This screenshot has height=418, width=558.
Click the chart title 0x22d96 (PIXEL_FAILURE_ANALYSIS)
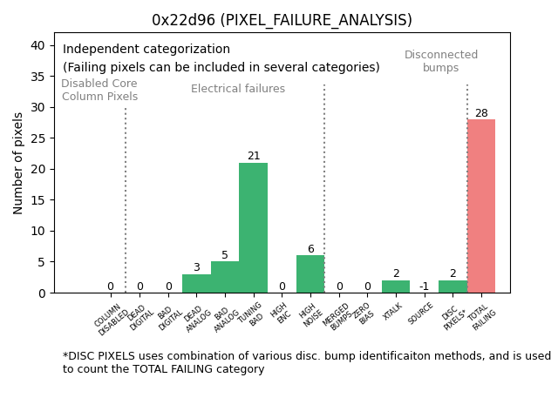(282, 20)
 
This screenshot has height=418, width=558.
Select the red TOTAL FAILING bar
(481, 206)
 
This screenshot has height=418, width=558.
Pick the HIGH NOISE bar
(310, 274)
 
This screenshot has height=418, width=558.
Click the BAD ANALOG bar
(225, 277)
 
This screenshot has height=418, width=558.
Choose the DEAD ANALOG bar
(196, 284)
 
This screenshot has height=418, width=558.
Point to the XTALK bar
(396, 287)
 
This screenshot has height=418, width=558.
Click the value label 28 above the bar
(481, 113)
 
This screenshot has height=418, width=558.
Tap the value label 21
(254, 157)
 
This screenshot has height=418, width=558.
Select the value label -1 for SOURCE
(424, 287)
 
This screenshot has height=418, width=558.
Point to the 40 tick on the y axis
(40, 45)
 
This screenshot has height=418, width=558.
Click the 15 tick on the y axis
(40, 200)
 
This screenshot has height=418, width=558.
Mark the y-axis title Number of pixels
(19, 163)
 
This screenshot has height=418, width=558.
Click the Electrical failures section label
(238, 89)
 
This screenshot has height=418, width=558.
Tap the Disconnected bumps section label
(441, 61)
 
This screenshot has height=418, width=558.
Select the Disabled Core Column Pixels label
(99, 90)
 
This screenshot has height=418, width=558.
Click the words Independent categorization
(146, 50)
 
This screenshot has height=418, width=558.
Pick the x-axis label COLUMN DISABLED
(112, 320)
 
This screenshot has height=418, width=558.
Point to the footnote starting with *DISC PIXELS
(306, 362)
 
